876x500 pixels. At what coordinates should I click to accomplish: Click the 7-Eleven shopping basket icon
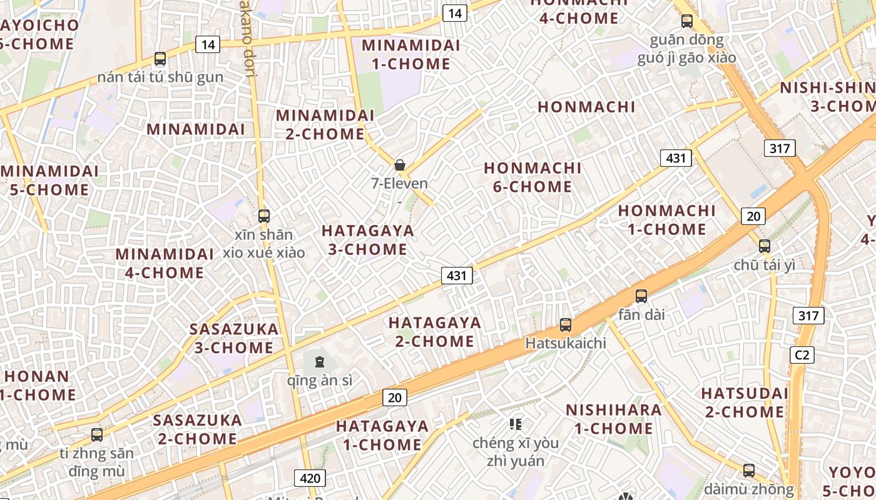coord(400,165)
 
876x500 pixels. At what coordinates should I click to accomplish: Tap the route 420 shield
coord(310,479)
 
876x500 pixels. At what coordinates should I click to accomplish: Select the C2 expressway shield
coord(802,355)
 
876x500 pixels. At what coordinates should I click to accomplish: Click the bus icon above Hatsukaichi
coord(566,325)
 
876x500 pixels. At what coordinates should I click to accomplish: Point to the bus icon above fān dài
coord(641,296)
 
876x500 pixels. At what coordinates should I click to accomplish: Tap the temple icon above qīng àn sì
coord(320,361)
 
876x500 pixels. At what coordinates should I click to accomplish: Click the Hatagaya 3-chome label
coord(368,240)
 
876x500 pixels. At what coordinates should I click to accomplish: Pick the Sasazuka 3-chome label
coord(234,338)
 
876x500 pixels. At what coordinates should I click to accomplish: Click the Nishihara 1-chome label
coord(613,419)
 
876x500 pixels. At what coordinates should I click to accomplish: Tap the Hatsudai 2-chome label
coord(745,402)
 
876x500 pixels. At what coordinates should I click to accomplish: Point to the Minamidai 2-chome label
coord(325,124)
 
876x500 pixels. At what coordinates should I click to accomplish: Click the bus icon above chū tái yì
coord(764,246)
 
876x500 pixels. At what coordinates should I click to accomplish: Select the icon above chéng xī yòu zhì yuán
coord(516,425)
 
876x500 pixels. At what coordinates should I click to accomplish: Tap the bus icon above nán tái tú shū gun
coord(160,59)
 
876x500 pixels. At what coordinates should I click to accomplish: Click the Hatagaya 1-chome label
coord(382,436)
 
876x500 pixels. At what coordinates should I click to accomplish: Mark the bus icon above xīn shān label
coord(264,216)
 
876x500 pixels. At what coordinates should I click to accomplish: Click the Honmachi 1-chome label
coord(666,220)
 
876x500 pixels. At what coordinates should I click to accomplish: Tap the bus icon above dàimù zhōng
coord(749,470)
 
